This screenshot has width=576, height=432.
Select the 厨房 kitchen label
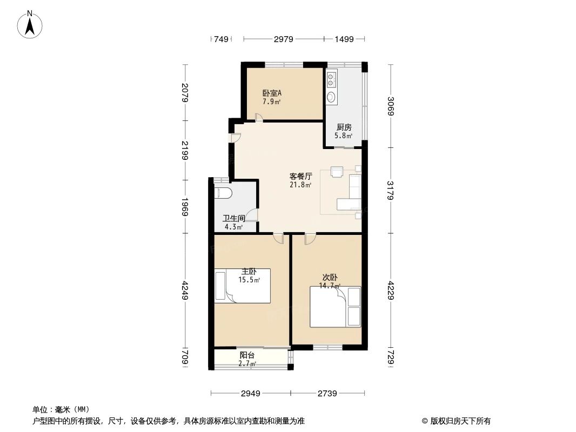344,127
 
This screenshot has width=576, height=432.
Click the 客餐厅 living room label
300,176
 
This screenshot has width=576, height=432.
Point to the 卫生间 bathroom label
234,219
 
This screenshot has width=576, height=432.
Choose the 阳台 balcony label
247,355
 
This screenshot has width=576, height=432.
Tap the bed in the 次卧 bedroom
335,307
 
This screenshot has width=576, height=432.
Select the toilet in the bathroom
223,193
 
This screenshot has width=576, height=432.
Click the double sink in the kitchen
331,82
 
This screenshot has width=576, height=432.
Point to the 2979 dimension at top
284,39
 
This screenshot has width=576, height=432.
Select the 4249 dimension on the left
185,291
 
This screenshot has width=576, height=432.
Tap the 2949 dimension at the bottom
251,394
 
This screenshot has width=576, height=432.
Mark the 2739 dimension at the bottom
327,394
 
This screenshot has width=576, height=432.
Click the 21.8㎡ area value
300,185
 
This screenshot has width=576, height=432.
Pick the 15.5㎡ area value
250,280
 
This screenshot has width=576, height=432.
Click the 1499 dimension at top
344,39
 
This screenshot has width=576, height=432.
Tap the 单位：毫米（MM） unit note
61,410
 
